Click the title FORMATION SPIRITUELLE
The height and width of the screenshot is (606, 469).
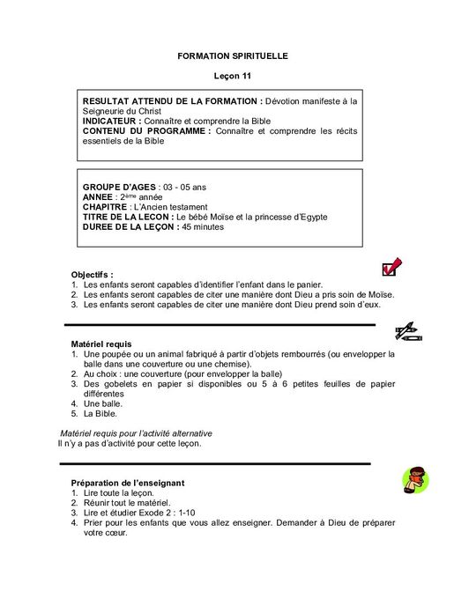point(233,55)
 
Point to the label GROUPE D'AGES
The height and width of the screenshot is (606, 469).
point(118,188)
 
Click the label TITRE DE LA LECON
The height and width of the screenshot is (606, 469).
point(127,217)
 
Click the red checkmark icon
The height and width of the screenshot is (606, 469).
point(389,269)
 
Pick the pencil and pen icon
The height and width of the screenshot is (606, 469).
point(406,332)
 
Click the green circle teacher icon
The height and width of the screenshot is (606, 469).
point(414,481)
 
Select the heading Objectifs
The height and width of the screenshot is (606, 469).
point(92,275)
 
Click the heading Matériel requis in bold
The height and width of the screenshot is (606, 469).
point(100,344)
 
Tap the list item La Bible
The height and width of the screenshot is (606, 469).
point(100,413)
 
